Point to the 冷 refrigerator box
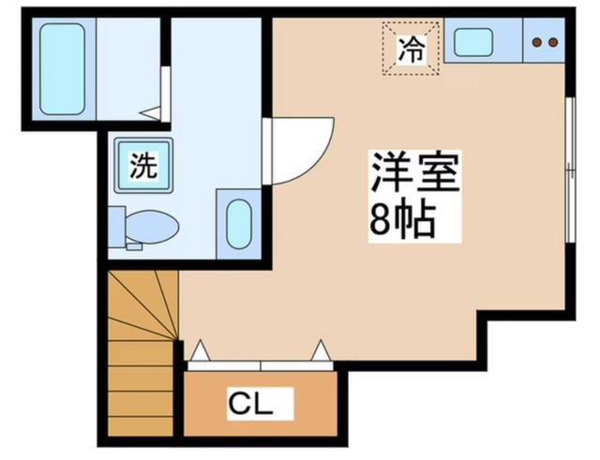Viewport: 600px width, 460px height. tap(411, 46)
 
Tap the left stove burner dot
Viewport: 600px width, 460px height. tap(537, 42)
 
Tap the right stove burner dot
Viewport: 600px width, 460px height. tap(552, 42)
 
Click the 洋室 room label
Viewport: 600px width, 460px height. tap(414, 174)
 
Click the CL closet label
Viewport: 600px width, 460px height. tap(250, 405)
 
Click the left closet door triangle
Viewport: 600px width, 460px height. tap(201, 350)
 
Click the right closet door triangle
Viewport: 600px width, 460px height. tap(320, 350)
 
